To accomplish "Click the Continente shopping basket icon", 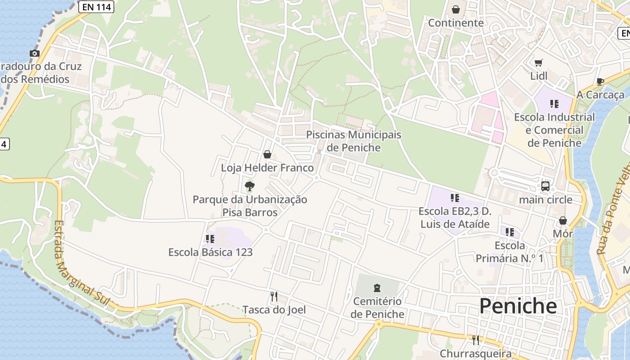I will coord(456,9).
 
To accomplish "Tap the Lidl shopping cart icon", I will coord(539,63).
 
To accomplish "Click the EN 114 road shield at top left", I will coord(96,6).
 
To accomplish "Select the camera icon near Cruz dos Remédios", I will coord(34,53).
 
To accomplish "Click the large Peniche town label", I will coord(517,306).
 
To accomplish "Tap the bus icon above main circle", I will coord(545,186).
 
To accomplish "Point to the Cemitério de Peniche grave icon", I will coord(377,288).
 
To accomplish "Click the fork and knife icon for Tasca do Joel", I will coord(274,296).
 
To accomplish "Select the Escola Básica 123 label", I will coord(210,252).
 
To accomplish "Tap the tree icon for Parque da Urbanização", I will coord(249,186).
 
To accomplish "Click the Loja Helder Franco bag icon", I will coord(267,154).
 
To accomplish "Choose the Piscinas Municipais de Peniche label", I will coord(353,141).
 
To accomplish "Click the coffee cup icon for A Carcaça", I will coord(600,81).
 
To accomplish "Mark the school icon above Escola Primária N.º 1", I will coord(509,232).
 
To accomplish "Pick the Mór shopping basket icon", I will coord(563,220).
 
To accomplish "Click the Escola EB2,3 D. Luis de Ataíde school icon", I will coord(454,198).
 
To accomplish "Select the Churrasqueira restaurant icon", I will coord(475,339).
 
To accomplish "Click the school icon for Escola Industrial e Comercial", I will coord(554,104).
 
